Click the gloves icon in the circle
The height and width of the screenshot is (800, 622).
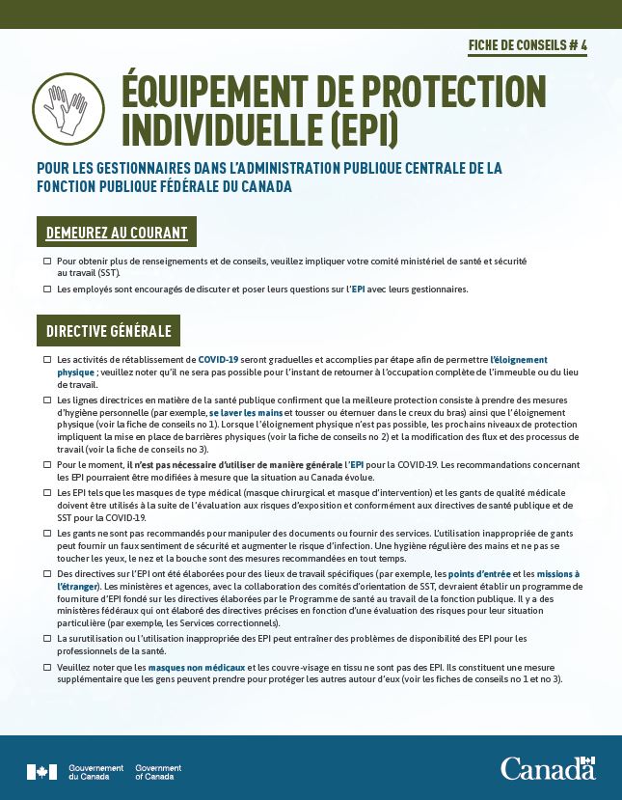(69, 106)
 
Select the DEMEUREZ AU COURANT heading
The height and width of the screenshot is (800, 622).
(117, 233)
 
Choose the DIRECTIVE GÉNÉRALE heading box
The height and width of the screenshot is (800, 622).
(108, 331)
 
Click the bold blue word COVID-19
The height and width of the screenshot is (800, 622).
(224, 359)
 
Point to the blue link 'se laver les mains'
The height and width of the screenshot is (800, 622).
(241, 412)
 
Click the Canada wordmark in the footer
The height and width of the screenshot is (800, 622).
(547, 768)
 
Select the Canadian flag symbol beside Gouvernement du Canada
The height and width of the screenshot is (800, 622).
(41, 772)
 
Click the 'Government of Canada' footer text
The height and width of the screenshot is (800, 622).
(158, 772)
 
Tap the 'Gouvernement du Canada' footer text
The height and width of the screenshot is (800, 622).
(95, 772)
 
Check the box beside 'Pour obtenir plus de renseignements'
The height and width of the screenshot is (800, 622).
(47, 262)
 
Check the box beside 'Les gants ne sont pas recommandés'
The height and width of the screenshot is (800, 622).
(47, 533)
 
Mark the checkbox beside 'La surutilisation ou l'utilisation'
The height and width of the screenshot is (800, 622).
(47, 639)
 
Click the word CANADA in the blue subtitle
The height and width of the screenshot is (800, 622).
(261, 186)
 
